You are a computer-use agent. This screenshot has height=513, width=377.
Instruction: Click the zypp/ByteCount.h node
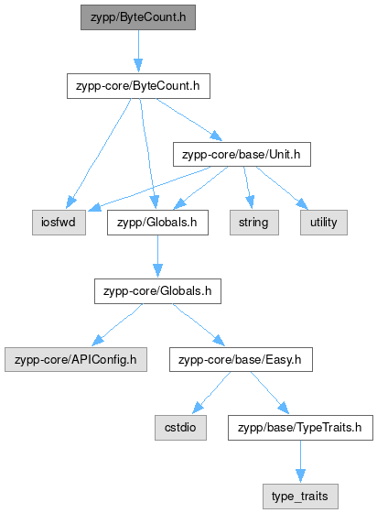point(138,17)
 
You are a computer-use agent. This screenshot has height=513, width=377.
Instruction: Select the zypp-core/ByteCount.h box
point(138,86)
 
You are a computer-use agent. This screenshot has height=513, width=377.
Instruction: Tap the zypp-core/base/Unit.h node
point(242,155)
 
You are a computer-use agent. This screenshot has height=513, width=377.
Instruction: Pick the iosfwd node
point(59,223)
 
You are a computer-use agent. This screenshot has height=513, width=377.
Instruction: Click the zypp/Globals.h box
point(157,223)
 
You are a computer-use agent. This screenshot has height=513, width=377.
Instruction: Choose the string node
point(254,223)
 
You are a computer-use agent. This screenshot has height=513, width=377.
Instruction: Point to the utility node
point(324,223)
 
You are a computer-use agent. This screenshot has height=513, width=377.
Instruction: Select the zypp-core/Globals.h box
point(157,291)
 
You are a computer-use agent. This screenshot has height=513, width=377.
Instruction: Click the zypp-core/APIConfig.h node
point(76,359)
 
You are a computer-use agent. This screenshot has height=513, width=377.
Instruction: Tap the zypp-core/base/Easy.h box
point(241,359)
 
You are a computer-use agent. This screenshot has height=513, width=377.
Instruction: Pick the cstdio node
point(180,428)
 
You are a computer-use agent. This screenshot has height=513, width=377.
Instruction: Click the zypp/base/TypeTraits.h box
point(300,428)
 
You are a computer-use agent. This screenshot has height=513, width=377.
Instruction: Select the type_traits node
point(300,497)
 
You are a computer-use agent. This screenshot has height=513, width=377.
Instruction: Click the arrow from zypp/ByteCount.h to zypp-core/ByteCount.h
point(138,51)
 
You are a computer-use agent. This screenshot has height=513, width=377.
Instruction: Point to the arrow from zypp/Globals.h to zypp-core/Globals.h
point(157,256)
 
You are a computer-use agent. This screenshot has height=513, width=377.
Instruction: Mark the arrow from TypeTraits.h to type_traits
point(300,462)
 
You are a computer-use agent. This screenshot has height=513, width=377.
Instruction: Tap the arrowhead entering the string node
point(250,202)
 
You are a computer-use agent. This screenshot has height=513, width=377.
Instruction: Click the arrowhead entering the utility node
point(302,203)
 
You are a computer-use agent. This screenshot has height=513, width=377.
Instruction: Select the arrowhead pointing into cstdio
point(198,408)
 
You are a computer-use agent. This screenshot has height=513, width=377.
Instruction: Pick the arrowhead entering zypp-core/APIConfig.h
point(98,340)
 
